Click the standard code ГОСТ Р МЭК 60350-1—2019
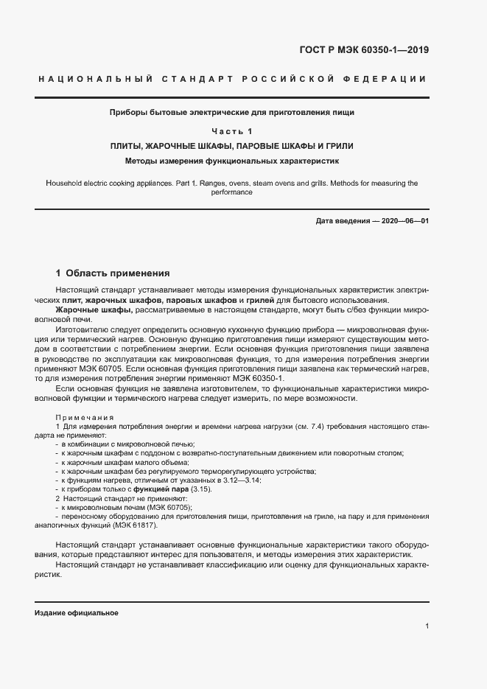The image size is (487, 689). pos(364,51)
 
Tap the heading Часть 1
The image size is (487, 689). pos(232,131)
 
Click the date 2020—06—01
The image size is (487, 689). pos(402,221)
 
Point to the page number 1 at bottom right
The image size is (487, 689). pos(427,626)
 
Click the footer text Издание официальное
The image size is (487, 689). pos(77,613)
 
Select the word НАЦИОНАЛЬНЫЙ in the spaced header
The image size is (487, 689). pos(95,79)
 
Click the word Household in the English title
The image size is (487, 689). pos(65,183)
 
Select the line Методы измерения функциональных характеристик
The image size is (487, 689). pos(232,160)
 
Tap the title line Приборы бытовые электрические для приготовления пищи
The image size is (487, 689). pos(232,113)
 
